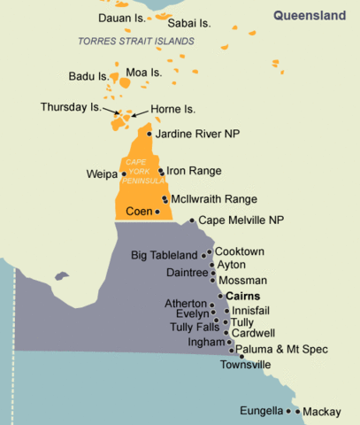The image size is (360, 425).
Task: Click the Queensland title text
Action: pos(310,15)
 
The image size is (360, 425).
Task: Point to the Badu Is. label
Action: pos(87,76)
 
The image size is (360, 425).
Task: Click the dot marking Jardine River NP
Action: pos(149,135)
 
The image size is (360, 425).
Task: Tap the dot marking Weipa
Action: pos(124,174)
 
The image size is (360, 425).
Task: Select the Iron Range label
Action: pos(194,170)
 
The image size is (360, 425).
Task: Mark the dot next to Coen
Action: pos(157,212)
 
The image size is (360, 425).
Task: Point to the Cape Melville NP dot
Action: pos(192,220)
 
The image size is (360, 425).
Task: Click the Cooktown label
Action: pos(240,251)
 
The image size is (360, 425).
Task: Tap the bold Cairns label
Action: pos(244,296)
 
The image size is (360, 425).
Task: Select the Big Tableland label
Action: pos(164,256)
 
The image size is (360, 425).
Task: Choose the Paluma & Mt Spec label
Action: pos(280,351)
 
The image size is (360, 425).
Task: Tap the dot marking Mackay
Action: pos(298,412)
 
